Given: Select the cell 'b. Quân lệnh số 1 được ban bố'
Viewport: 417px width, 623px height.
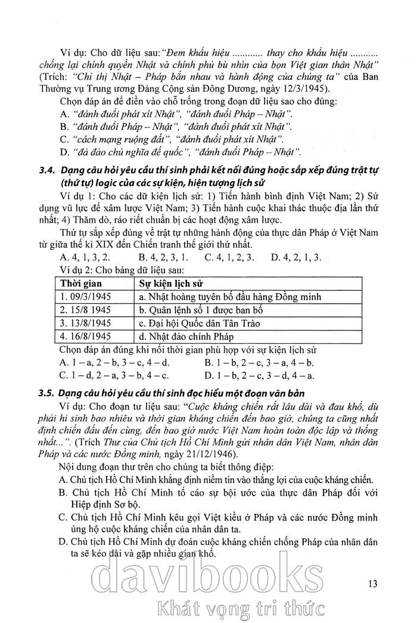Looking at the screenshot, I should (x=200, y=310).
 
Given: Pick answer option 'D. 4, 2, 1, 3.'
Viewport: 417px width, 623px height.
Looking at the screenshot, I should (x=295, y=257).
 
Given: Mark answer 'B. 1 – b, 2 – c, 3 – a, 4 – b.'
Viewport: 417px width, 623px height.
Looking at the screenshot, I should (x=259, y=362).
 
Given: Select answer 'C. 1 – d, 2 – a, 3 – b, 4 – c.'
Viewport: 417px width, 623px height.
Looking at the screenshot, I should (x=114, y=375).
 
